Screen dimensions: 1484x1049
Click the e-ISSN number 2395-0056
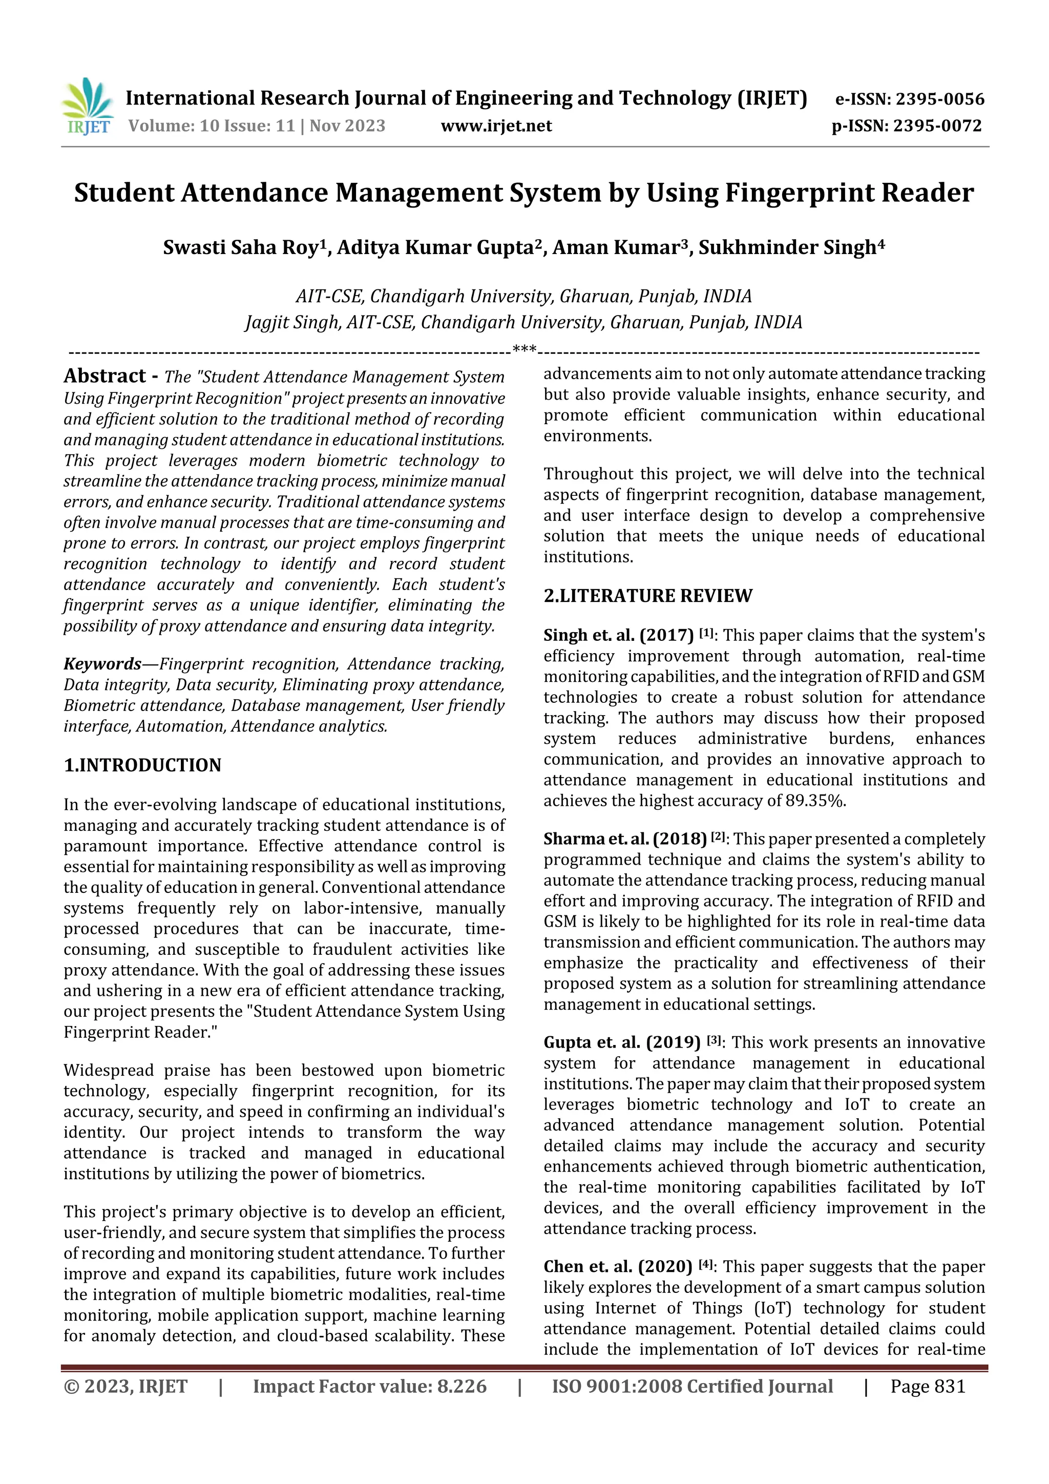[x=940, y=99]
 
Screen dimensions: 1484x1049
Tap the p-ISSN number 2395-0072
[x=937, y=126]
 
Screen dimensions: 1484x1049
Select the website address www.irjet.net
[x=496, y=126]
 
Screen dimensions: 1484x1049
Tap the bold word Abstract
[x=104, y=376]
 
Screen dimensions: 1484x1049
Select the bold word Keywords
[x=102, y=664]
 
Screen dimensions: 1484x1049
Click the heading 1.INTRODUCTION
[x=142, y=765]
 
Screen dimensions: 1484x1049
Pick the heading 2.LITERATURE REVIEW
[x=647, y=595]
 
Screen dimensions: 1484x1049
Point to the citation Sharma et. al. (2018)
[x=625, y=839]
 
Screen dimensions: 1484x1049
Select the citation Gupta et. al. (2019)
[x=622, y=1042]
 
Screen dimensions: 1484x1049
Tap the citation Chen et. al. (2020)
[x=617, y=1267]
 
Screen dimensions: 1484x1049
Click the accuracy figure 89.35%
[x=815, y=801]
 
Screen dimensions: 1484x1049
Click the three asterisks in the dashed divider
[x=524, y=350]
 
